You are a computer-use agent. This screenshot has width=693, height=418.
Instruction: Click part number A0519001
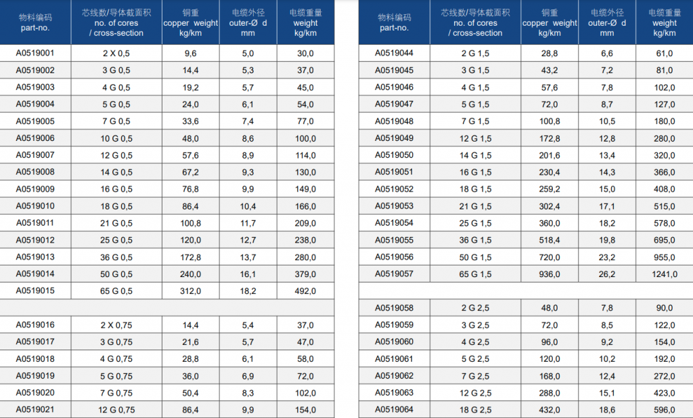pyautogui.click(x=35, y=53)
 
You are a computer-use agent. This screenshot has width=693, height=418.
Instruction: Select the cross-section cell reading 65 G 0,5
pyautogui.click(x=116, y=291)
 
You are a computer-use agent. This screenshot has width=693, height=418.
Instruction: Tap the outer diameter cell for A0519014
pyautogui.click(x=248, y=274)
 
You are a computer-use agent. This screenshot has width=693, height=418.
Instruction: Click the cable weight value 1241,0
pyautogui.click(x=665, y=274)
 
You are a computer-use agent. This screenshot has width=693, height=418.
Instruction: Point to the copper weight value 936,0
pyautogui.click(x=550, y=274)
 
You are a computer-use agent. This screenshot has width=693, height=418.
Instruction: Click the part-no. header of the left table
pyautogui.click(x=35, y=22)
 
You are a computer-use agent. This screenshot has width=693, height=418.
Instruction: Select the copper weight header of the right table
pyautogui.click(x=550, y=22)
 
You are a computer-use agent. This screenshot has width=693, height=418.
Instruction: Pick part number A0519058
pyautogui.click(x=395, y=308)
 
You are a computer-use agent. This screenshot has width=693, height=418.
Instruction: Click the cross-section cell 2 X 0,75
pyautogui.click(x=116, y=325)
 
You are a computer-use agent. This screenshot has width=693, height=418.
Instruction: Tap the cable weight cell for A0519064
pyautogui.click(x=665, y=410)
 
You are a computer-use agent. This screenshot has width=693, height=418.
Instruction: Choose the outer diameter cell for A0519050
pyautogui.click(x=607, y=155)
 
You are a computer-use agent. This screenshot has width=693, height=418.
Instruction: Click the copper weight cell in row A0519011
pyautogui.click(x=190, y=224)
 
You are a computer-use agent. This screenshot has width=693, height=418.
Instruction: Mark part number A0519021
pyautogui.click(x=35, y=410)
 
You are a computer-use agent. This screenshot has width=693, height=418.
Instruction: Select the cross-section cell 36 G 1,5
pyautogui.click(x=475, y=241)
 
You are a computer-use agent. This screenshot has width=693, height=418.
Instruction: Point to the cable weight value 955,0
pyautogui.click(x=665, y=257)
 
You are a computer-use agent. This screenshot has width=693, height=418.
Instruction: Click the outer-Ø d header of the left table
pyautogui.click(x=248, y=22)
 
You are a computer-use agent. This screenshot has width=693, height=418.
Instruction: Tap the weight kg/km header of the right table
pyautogui.click(x=665, y=22)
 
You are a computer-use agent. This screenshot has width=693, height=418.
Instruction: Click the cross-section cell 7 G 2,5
pyautogui.click(x=475, y=377)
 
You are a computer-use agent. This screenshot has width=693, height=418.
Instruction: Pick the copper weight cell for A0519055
pyautogui.click(x=550, y=241)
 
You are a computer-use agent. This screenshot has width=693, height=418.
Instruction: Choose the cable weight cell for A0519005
pyautogui.click(x=305, y=121)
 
